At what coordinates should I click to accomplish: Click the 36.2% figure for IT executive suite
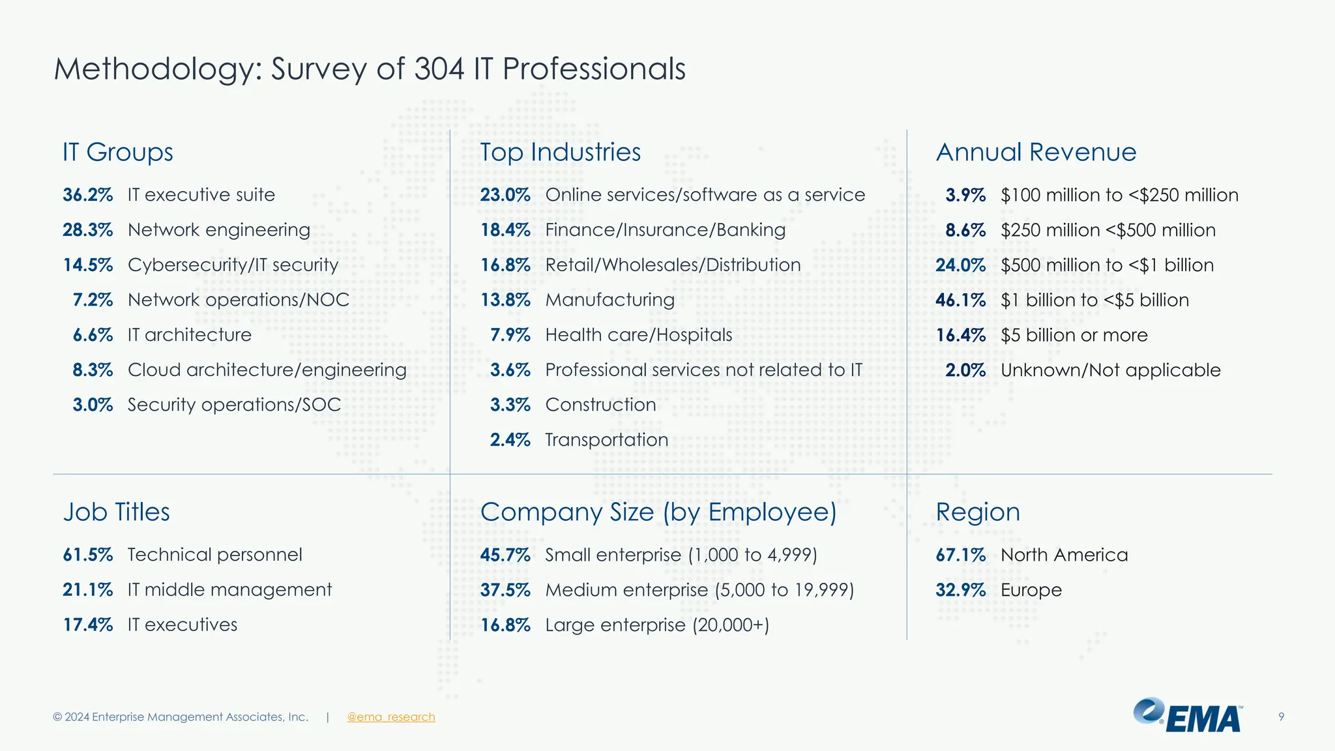click(x=87, y=195)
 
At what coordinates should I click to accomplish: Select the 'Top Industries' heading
click(x=560, y=152)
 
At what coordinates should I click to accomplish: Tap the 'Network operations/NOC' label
click(x=238, y=300)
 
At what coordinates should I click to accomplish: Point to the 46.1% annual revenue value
click(x=960, y=300)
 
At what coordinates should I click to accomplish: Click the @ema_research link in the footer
click(x=390, y=717)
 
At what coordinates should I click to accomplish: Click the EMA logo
click(x=1188, y=716)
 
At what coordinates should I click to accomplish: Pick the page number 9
click(x=1281, y=717)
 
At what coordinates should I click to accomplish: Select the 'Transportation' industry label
click(x=606, y=440)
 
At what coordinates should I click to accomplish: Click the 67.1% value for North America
click(x=960, y=555)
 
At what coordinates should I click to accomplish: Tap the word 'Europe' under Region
click(x=1031, y=590)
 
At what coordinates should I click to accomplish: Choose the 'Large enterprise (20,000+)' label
click(x=656, y=625)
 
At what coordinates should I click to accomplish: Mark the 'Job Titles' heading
click(x=116, y=512)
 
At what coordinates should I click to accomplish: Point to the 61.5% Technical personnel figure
click(x=87, y=555)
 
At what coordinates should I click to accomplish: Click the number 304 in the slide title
click(x=439, y=68)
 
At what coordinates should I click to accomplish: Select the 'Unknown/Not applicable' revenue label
click(x=1110, y=370)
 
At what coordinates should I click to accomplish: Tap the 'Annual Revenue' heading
click(x=1036, y=152)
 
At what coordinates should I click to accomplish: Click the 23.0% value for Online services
click(x=505, y=195)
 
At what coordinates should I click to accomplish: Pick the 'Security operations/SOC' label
click(x=234, y=405)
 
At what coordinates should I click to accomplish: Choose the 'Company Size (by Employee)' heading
click(x=658, y=512)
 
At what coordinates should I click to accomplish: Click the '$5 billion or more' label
click(x=1074, y=335)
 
